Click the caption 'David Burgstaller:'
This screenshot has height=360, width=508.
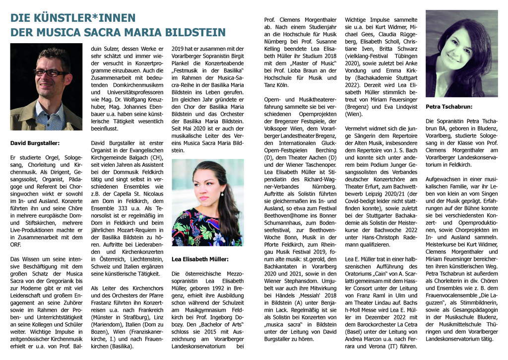pos(35,143)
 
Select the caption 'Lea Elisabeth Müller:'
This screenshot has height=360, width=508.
pos(200,259)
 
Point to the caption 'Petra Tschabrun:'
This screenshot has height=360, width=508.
pos(449,106)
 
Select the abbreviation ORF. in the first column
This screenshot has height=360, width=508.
pos(16,244)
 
